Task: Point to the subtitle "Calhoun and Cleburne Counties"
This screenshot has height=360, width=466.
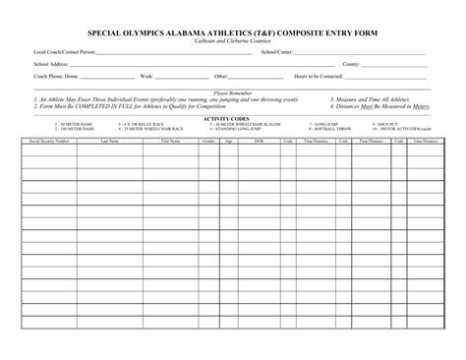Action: [233, 40]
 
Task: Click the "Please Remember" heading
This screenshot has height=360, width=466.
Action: [233, 92]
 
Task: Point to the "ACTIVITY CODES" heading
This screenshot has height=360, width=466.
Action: [233, 117]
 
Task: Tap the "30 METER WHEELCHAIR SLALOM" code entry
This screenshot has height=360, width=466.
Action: [228, 124]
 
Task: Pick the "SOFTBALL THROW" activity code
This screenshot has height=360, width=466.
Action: [329, 129]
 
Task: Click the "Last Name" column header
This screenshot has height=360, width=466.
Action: [110, 141]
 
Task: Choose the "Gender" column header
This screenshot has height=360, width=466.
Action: [208, 141]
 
